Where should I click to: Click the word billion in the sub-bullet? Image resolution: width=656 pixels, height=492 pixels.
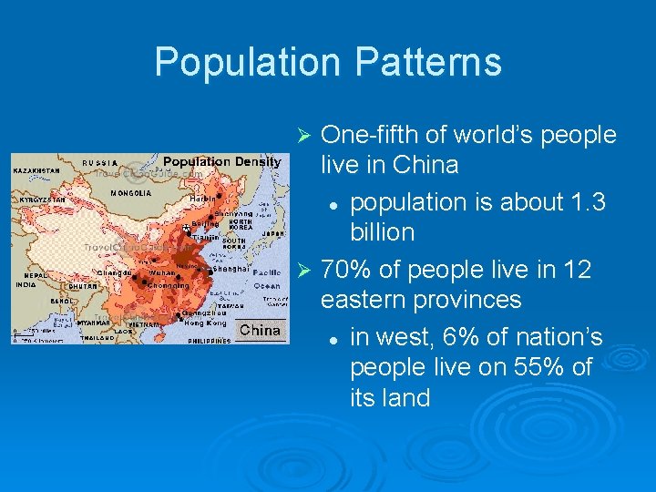click(383, 232)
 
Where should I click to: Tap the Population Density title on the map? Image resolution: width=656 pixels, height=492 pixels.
click(221, 161)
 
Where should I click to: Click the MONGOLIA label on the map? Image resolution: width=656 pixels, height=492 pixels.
click(130, 193)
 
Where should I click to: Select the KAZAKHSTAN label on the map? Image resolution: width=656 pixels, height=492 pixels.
click(36, 170)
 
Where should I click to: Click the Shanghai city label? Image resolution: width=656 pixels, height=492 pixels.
click(231, 269)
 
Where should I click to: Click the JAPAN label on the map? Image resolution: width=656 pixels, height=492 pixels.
click(270, 233)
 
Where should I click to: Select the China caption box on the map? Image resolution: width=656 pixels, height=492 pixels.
click(261, 330)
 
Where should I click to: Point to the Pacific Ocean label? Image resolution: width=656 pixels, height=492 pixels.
click(267, 279)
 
